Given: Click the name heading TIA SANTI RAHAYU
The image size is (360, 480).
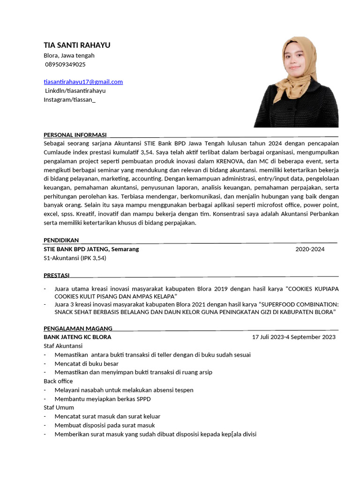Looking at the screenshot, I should pos(77,45).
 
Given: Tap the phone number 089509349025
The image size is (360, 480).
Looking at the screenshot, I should pos(65,64).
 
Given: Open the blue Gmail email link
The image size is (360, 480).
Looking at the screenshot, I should pos(83,82).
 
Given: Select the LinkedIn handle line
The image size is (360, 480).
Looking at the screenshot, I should pos(75,90).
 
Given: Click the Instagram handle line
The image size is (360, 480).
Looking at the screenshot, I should pos(69,99).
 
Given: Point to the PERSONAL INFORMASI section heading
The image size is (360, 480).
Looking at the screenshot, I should pos(75,135).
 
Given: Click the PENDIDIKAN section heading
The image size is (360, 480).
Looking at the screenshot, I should pos(61,240).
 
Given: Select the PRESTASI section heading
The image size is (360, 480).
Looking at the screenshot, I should pos(56,275).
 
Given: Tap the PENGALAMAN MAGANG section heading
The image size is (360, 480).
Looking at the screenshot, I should pos(78,328).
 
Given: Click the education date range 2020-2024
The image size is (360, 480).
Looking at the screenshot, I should pos(310,249).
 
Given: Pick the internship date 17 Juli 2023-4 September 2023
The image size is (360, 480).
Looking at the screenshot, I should pos(293,337).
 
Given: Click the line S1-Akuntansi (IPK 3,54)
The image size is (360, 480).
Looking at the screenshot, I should pos(75,258).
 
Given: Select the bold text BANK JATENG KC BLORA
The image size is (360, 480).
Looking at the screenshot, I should pos(77,337).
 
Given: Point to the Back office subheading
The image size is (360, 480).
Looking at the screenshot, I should pos(58,381).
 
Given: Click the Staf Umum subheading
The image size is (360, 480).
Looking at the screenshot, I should pos(59,407).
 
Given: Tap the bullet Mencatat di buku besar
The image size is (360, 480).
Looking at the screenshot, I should pos(86,363).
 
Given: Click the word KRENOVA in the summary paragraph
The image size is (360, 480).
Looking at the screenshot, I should pos(226,161).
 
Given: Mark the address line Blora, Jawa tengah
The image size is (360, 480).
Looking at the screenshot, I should pos(69,55).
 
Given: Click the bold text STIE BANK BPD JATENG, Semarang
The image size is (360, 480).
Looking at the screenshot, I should pos(91,249).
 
